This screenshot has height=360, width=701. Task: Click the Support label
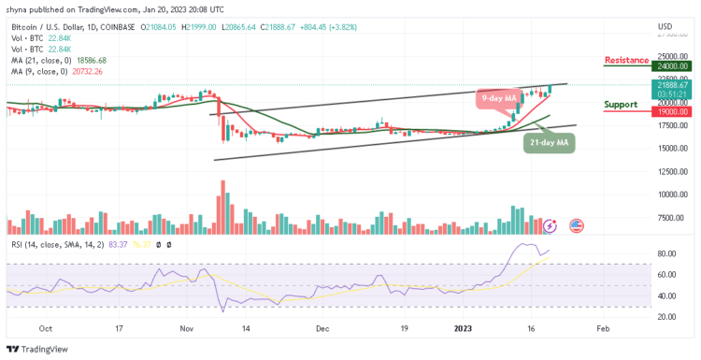[x=622, y=104]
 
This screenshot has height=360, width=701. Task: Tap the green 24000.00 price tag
[x=672, y=66]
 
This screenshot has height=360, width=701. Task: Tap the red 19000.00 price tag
[x=672, y=110]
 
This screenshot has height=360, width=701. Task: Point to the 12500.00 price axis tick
[x=672, y=171]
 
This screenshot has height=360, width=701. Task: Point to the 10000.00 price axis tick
[x=672, y=194]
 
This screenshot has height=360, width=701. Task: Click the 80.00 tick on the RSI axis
[x=665, y=253]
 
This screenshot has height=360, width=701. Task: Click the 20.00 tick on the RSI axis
[x=665, y=317]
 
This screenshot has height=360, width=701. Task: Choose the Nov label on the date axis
[x=186, y=329]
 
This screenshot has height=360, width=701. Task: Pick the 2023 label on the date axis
[x=464, y=329]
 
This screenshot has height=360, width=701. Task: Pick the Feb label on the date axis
[x=603, y=329]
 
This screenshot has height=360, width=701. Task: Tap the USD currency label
[x=665, y=25]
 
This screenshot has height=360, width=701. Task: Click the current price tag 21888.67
[x=672, y=84]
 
